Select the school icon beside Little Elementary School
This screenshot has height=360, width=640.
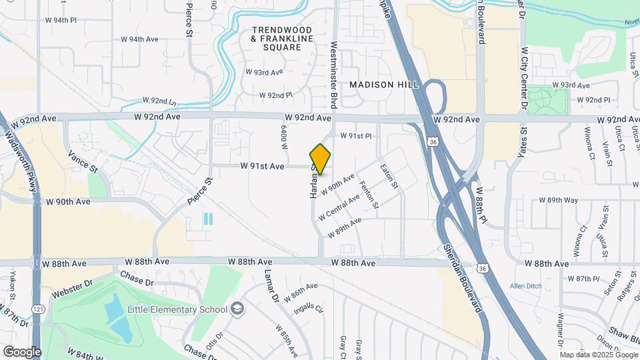point(237,309)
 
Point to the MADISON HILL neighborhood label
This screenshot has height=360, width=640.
point(384,85)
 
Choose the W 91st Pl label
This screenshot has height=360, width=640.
point(355,136)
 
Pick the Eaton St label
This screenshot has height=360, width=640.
point(389,176)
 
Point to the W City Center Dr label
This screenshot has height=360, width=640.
point(524,79)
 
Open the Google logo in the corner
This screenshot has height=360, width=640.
point(22,351)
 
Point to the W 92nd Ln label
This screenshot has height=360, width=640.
point(159,101)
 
